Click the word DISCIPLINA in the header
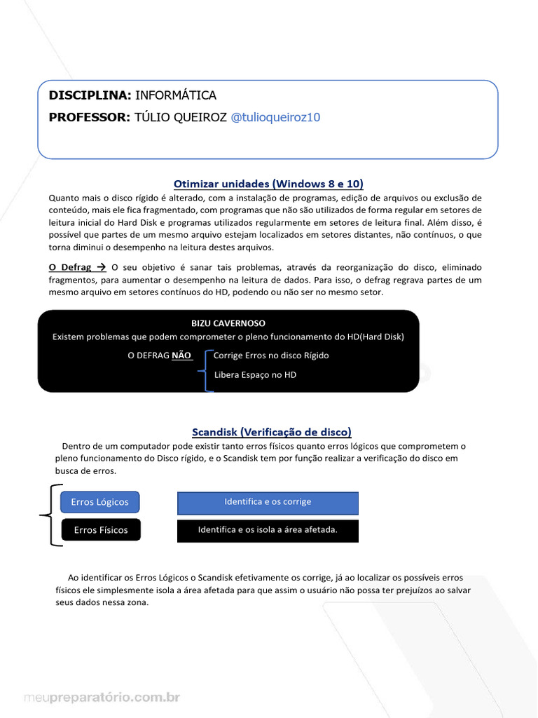coord(89,95)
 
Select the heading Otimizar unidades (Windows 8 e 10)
coord(268,184)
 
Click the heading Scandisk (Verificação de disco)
coord(272,432)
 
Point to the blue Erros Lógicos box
coord(100,502)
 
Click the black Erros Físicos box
coord(101,530)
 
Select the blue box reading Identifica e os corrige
coord(268,502)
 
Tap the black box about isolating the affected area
coord(268,530)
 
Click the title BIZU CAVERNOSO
coord(228,323)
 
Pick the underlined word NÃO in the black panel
coord(181,355)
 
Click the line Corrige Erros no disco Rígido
coord(270,355)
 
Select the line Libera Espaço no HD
coord(255,375)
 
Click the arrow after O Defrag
coord(99,267)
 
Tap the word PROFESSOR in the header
coord(89,117)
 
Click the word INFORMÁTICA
coord(175,95)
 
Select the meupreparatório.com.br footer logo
coord(102,698)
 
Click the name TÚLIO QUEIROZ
coord(180,117)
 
